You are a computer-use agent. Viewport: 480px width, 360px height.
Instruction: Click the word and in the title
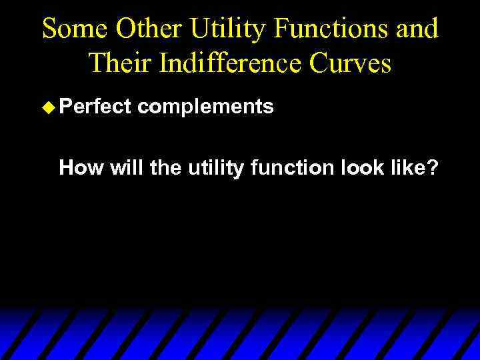415,29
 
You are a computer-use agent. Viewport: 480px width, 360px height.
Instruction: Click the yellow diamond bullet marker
48,107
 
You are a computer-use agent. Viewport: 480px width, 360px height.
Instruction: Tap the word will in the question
127,168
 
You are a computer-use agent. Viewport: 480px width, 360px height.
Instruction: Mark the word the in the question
165,168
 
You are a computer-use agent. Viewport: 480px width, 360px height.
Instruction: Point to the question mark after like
433,168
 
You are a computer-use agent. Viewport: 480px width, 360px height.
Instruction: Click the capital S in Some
49,29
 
